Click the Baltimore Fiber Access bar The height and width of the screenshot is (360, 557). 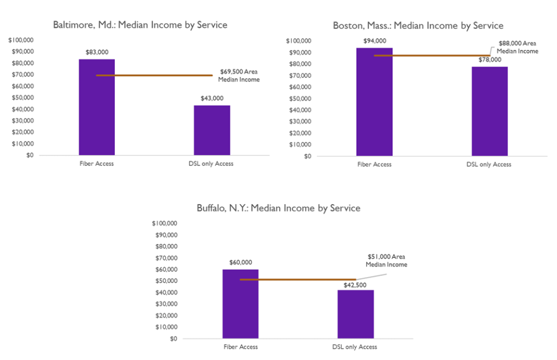96,107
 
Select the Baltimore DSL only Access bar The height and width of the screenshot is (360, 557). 212,130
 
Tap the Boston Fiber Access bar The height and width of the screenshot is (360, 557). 374,102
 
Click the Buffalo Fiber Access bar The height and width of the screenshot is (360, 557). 240,304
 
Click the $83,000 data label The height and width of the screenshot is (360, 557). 96,52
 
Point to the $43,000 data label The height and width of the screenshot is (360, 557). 212,98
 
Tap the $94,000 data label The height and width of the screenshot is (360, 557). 374,41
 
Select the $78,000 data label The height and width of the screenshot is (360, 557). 489,60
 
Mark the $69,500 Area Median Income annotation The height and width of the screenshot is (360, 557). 240,75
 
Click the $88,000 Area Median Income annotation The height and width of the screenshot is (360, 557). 518,47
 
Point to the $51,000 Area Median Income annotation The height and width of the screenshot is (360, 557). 386,260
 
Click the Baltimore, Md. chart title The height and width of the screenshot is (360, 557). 140,25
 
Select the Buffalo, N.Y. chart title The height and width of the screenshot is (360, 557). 279,208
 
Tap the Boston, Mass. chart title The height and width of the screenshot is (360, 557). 418,26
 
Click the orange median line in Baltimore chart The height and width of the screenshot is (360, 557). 162,75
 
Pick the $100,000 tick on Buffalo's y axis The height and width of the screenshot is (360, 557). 164,224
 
